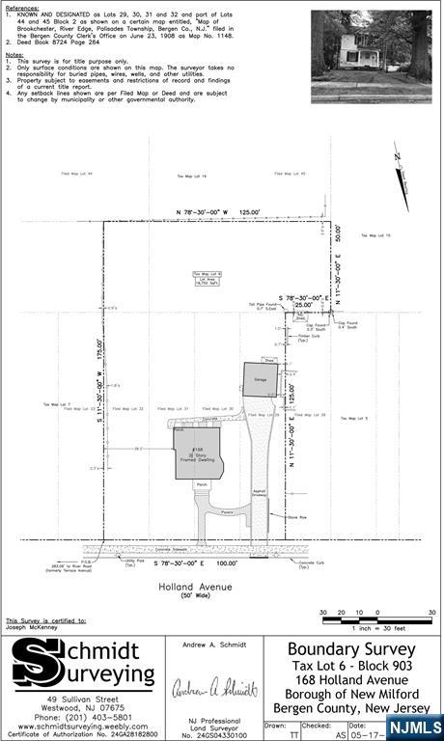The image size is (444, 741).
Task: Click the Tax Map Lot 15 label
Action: (x=375, y=235)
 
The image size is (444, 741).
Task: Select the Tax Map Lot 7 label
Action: (x=56, y=403)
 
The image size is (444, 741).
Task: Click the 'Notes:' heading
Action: (x=14, y=55)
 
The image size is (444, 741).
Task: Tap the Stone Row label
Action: (x=296, y=518)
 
